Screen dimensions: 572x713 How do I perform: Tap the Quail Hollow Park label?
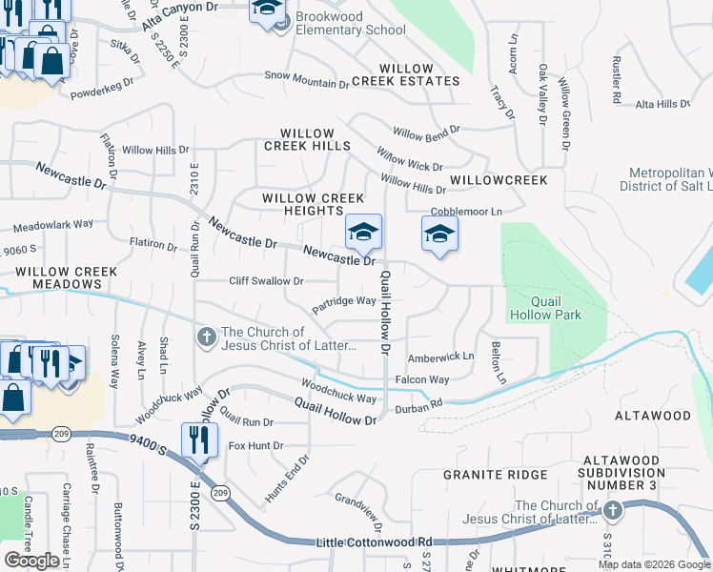point(556,307)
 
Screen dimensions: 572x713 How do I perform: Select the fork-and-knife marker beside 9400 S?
point(199,439)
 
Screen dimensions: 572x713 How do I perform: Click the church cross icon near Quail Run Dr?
point(206,337)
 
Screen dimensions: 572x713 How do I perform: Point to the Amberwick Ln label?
point(440,357)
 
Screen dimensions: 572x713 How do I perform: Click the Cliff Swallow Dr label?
point(266,281)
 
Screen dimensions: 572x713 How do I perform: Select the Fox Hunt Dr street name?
point(256,445)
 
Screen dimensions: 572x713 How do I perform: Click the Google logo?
point(31,561)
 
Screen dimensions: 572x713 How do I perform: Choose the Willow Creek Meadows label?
point(66,277)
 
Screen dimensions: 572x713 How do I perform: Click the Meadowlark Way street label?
point(53,226)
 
